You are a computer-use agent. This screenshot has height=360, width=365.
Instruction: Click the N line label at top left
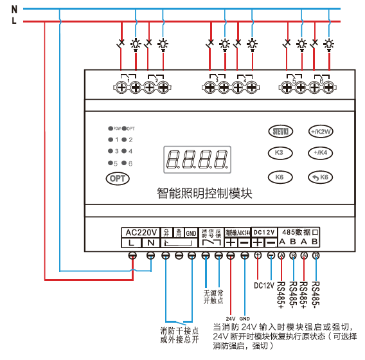coord(14,9)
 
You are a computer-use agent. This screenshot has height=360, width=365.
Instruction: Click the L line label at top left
coord(14,21)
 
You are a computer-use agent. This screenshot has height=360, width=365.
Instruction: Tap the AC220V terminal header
coord(140,232)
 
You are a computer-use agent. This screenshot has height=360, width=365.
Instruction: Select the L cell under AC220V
coord(131,243)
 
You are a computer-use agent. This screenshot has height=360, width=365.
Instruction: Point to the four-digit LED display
coord(197,158)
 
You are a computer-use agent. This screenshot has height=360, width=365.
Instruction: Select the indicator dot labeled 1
coord(111,139)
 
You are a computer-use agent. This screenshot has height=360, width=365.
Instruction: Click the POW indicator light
coord(111,129)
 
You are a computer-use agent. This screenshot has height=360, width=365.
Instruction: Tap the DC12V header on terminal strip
coord(263,232)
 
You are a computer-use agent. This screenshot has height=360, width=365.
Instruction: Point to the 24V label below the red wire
coord(231,318)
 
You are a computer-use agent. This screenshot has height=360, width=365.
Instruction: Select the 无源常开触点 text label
coord(213,296)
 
